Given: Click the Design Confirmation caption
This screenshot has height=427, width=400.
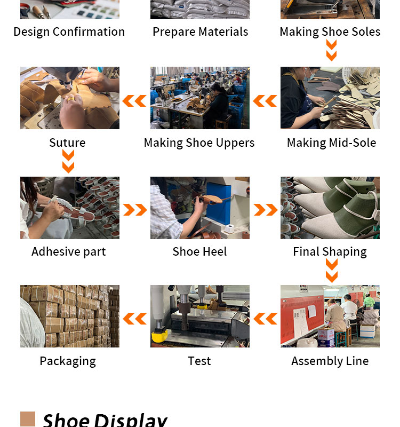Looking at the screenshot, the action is point(69,32).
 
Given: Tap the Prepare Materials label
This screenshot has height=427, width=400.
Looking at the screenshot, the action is point(201,32).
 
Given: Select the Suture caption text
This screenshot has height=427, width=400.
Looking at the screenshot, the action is point(68,143).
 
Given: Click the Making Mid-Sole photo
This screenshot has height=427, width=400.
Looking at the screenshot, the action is point(330,98).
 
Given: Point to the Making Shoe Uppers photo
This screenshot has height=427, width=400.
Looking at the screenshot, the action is point(199,98).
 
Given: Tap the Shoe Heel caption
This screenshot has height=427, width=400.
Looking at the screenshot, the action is point(199,251).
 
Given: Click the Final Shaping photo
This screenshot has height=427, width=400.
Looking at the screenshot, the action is point(330,208).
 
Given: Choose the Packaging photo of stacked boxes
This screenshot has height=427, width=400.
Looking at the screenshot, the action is point(70,316).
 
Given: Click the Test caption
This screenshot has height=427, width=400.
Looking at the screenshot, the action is point(199,361).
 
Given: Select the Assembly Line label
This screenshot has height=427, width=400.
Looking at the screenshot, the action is point(330,361).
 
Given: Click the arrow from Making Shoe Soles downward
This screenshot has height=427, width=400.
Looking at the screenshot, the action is point(331,50).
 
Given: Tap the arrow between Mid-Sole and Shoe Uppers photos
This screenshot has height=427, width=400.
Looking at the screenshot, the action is point(265,101).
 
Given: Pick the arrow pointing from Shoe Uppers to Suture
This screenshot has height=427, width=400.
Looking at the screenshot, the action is point(134,101).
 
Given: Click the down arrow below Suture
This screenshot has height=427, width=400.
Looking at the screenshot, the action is point(68,162).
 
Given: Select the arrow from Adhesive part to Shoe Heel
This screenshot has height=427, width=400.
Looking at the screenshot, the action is point(135,210).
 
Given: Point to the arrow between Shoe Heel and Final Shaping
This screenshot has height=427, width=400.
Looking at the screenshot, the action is point(266,210).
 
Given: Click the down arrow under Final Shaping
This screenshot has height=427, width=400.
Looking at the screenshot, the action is point(332,271).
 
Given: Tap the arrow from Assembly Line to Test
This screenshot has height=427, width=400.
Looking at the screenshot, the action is point(265,319).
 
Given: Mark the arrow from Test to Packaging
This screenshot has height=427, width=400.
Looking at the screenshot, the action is point(135,319).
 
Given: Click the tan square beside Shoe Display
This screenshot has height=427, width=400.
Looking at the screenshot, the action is point(28,419).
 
